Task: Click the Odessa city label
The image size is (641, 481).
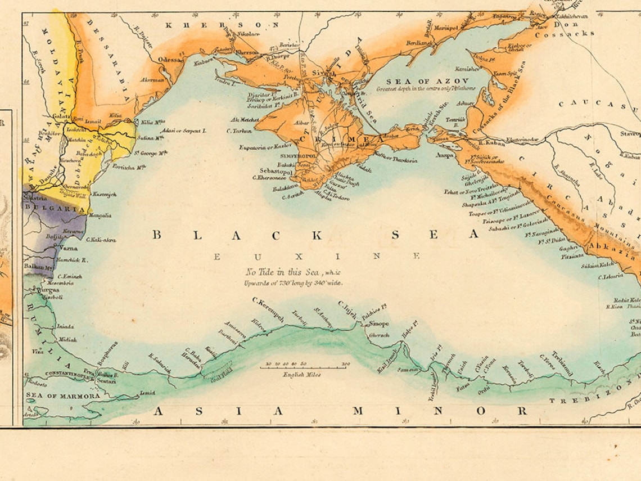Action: [170, 59]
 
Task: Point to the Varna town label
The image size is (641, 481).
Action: [69, 248]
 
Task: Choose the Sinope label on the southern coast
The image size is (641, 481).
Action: [378, 323]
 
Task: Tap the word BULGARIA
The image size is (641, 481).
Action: [55, 207]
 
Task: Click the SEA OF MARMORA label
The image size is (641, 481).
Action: [63, 395]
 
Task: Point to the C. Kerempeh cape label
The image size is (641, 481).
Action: [268, 309]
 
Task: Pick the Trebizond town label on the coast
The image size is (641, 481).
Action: [562, 363]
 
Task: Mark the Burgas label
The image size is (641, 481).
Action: [48, 290]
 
